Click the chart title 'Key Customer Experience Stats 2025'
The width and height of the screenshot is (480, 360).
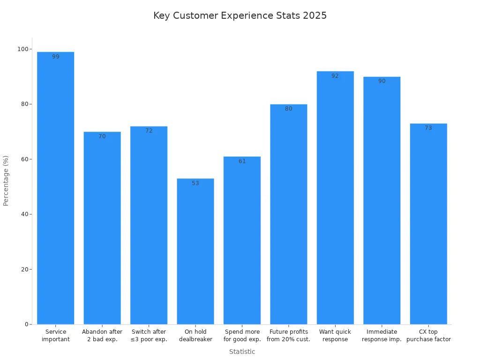click(240, 15)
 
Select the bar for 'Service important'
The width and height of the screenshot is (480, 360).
click(56, 187)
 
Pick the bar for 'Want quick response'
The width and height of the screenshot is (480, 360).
click(335, 197)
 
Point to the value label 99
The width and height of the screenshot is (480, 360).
click(56, 57)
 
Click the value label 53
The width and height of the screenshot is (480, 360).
click(195, 183)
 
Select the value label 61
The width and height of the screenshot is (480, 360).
click(242, 161)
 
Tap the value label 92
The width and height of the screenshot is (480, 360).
click(335, 76)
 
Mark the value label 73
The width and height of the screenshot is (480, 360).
click(428, 128)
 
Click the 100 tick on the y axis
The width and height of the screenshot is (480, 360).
click(22, 49)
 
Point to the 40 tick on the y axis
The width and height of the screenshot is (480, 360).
click(24, 214)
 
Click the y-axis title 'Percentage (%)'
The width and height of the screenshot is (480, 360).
click(6, 180)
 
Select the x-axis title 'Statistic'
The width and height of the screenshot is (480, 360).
click(242, 352)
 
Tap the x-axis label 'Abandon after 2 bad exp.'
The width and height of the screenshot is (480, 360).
click(102, 336)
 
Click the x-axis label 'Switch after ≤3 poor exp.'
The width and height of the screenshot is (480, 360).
click(149, 336)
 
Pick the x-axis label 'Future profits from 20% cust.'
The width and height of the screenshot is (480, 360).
click(288, 336)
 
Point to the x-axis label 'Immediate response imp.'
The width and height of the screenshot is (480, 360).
click(382, 336)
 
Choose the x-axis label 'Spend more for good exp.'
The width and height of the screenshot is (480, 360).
click(242, 336)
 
